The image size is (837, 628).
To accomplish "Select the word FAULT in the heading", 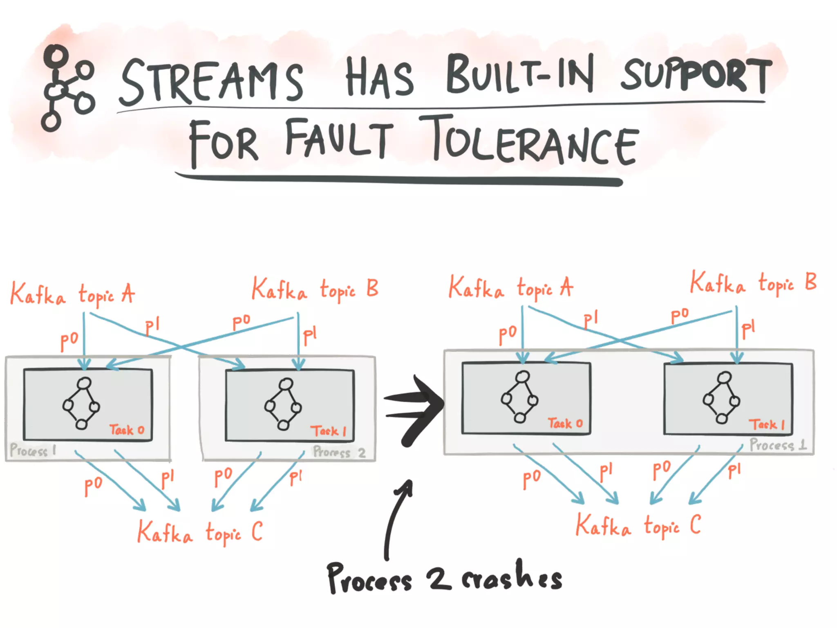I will (x=339, y=139).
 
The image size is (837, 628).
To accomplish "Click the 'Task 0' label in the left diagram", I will (x=127, y=430).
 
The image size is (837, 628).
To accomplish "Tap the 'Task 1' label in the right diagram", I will (x=767, y=424).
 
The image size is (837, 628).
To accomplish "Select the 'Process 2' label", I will (x=339, y=452).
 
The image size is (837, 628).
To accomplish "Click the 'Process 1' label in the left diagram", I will (x=33, y=450).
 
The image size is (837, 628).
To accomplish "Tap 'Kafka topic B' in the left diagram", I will (x=315, y=289).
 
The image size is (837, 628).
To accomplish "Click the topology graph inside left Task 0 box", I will (x=81, y=403).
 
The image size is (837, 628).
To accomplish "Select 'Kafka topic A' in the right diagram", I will (x=511, y=287).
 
